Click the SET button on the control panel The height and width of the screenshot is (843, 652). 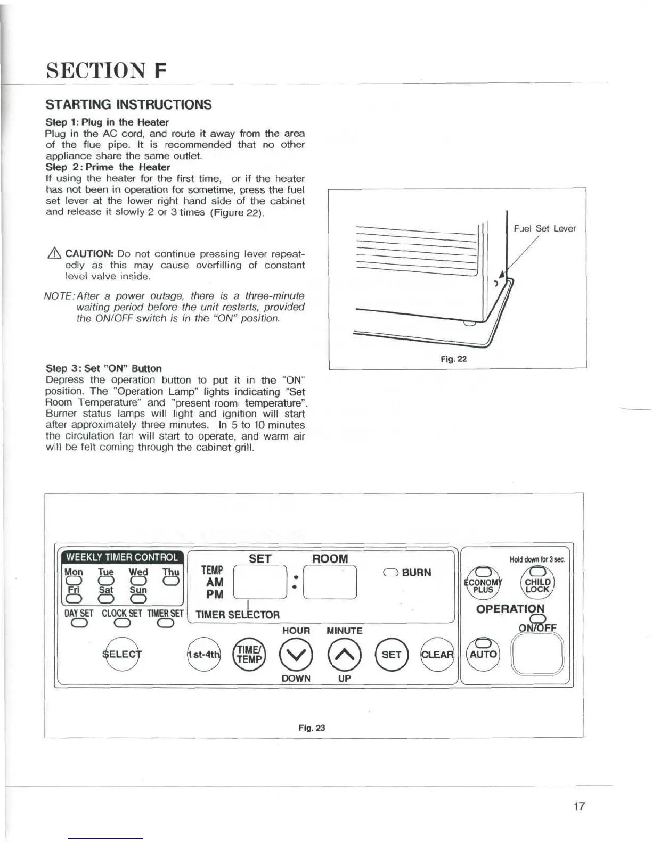point(392,654)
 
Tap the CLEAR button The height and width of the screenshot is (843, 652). point(437,654)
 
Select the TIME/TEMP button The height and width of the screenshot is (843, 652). point(249,654)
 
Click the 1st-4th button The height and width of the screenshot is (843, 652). point(203,654)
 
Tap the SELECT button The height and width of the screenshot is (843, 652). point(123,654)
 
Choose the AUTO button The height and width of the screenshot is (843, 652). point(483,654)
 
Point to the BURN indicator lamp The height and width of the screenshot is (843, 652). point(390,573)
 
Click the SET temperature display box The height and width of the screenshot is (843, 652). point(260,582)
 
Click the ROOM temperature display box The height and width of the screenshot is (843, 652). point(330,582)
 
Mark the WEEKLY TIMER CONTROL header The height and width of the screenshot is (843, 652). point(122,557)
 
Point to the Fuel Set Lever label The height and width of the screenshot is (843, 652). point(544,228)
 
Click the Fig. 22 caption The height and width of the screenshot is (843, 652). point(453,359)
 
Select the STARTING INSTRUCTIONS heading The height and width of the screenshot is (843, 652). point(128,104)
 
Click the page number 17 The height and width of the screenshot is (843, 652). point(579,806)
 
